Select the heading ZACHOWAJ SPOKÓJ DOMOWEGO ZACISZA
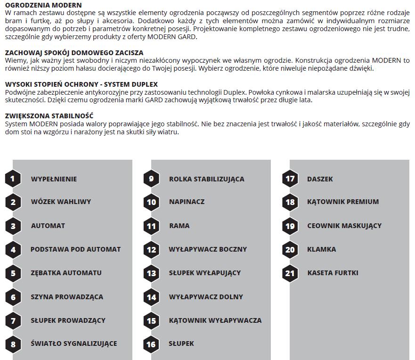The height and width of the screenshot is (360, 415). [74, 53]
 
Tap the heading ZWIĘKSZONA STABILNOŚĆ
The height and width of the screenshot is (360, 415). [49, 116]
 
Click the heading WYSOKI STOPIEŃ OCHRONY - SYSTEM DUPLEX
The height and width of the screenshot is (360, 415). [81, 84]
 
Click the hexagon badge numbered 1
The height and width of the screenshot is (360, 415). [13, 179]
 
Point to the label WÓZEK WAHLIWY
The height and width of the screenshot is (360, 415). [61, 202]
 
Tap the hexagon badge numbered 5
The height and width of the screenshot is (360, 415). [13, 273]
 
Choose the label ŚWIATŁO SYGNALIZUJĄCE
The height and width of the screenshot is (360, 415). [74, 344]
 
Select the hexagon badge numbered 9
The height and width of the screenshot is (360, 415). [151, 179]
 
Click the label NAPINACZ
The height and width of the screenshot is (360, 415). [187, 202]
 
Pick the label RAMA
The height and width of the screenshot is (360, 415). [179, 226]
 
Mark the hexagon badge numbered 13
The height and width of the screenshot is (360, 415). [151, 273]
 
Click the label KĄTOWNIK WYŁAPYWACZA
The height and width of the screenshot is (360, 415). [215, 320]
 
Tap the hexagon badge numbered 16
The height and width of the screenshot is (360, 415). [151, 344]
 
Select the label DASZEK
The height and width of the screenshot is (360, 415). [320, 179]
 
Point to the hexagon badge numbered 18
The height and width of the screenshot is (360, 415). [290, 202]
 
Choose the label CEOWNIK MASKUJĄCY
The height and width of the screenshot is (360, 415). [344, 226]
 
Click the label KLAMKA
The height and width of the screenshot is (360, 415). [322, 249]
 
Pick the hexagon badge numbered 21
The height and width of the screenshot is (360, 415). [290, 273]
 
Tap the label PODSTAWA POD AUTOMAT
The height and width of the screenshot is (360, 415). [75, 249]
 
